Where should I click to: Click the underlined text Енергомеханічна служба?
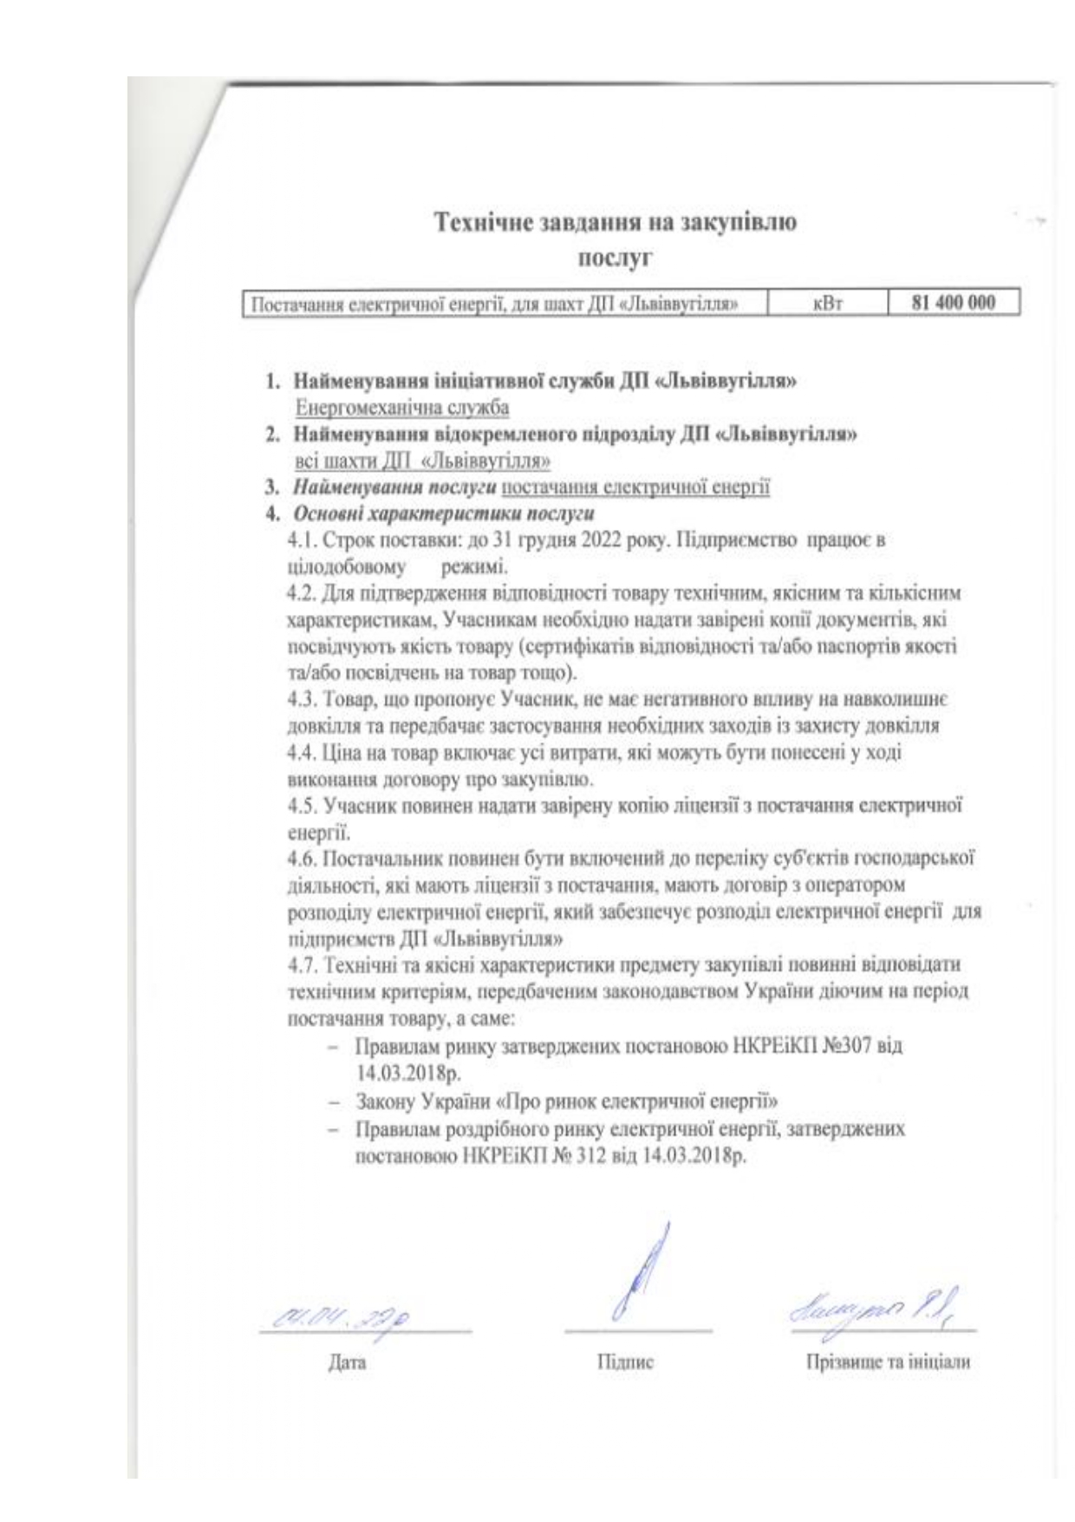402,406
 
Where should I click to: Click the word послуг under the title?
615,258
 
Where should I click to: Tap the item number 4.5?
303,806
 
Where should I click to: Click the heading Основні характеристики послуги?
444,513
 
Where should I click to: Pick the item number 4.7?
303,965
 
